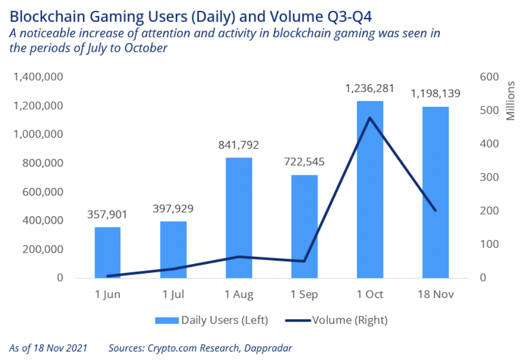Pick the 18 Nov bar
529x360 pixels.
pyautogui.click(x=435, y=192)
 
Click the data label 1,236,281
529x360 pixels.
pyautogui.click(x=370, y=89)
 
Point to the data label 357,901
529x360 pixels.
pyautogui.click(x=107, y=215)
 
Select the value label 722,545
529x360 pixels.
pyautogui.click(x=305, y=162)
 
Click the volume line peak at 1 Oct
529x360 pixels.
pyautogui.click(x=370, y=118)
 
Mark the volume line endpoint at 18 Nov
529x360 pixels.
pyautogui.click(x=435, y=210)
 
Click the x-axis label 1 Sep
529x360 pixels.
pyautogui.click(x=305, y=294)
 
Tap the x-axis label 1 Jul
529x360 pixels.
pyautogui.click(x=174, y=294)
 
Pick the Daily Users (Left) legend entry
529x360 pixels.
pyautogui.click(x=212, y=320)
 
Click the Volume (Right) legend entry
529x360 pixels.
pyautogui.click(x=336, y=320)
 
